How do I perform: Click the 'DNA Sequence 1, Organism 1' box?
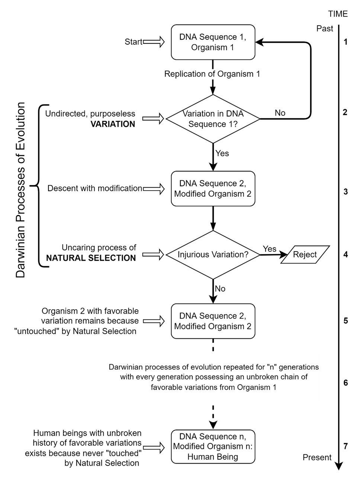[213, 42]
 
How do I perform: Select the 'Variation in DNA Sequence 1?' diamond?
[213, 119]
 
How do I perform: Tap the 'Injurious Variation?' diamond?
[213, 255]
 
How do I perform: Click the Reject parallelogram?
[305, 255]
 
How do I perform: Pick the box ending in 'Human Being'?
[213, 446]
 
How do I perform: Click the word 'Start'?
[134, 42]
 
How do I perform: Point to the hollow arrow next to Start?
[154, 42]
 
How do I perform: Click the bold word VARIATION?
[113, 124]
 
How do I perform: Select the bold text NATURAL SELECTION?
[91, 258]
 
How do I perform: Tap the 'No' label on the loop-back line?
[280, 113]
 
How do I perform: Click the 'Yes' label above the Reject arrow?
[270, 249]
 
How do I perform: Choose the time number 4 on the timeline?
[345, 255]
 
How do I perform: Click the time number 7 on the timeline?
[345, 446]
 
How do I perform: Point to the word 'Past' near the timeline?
[325, 29]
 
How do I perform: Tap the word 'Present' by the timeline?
[317, 457]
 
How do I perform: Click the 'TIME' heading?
[338, 14]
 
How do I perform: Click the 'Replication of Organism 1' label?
[212, 74]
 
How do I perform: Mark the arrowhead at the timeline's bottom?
[339, 466]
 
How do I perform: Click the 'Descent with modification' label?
[95, 188]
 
